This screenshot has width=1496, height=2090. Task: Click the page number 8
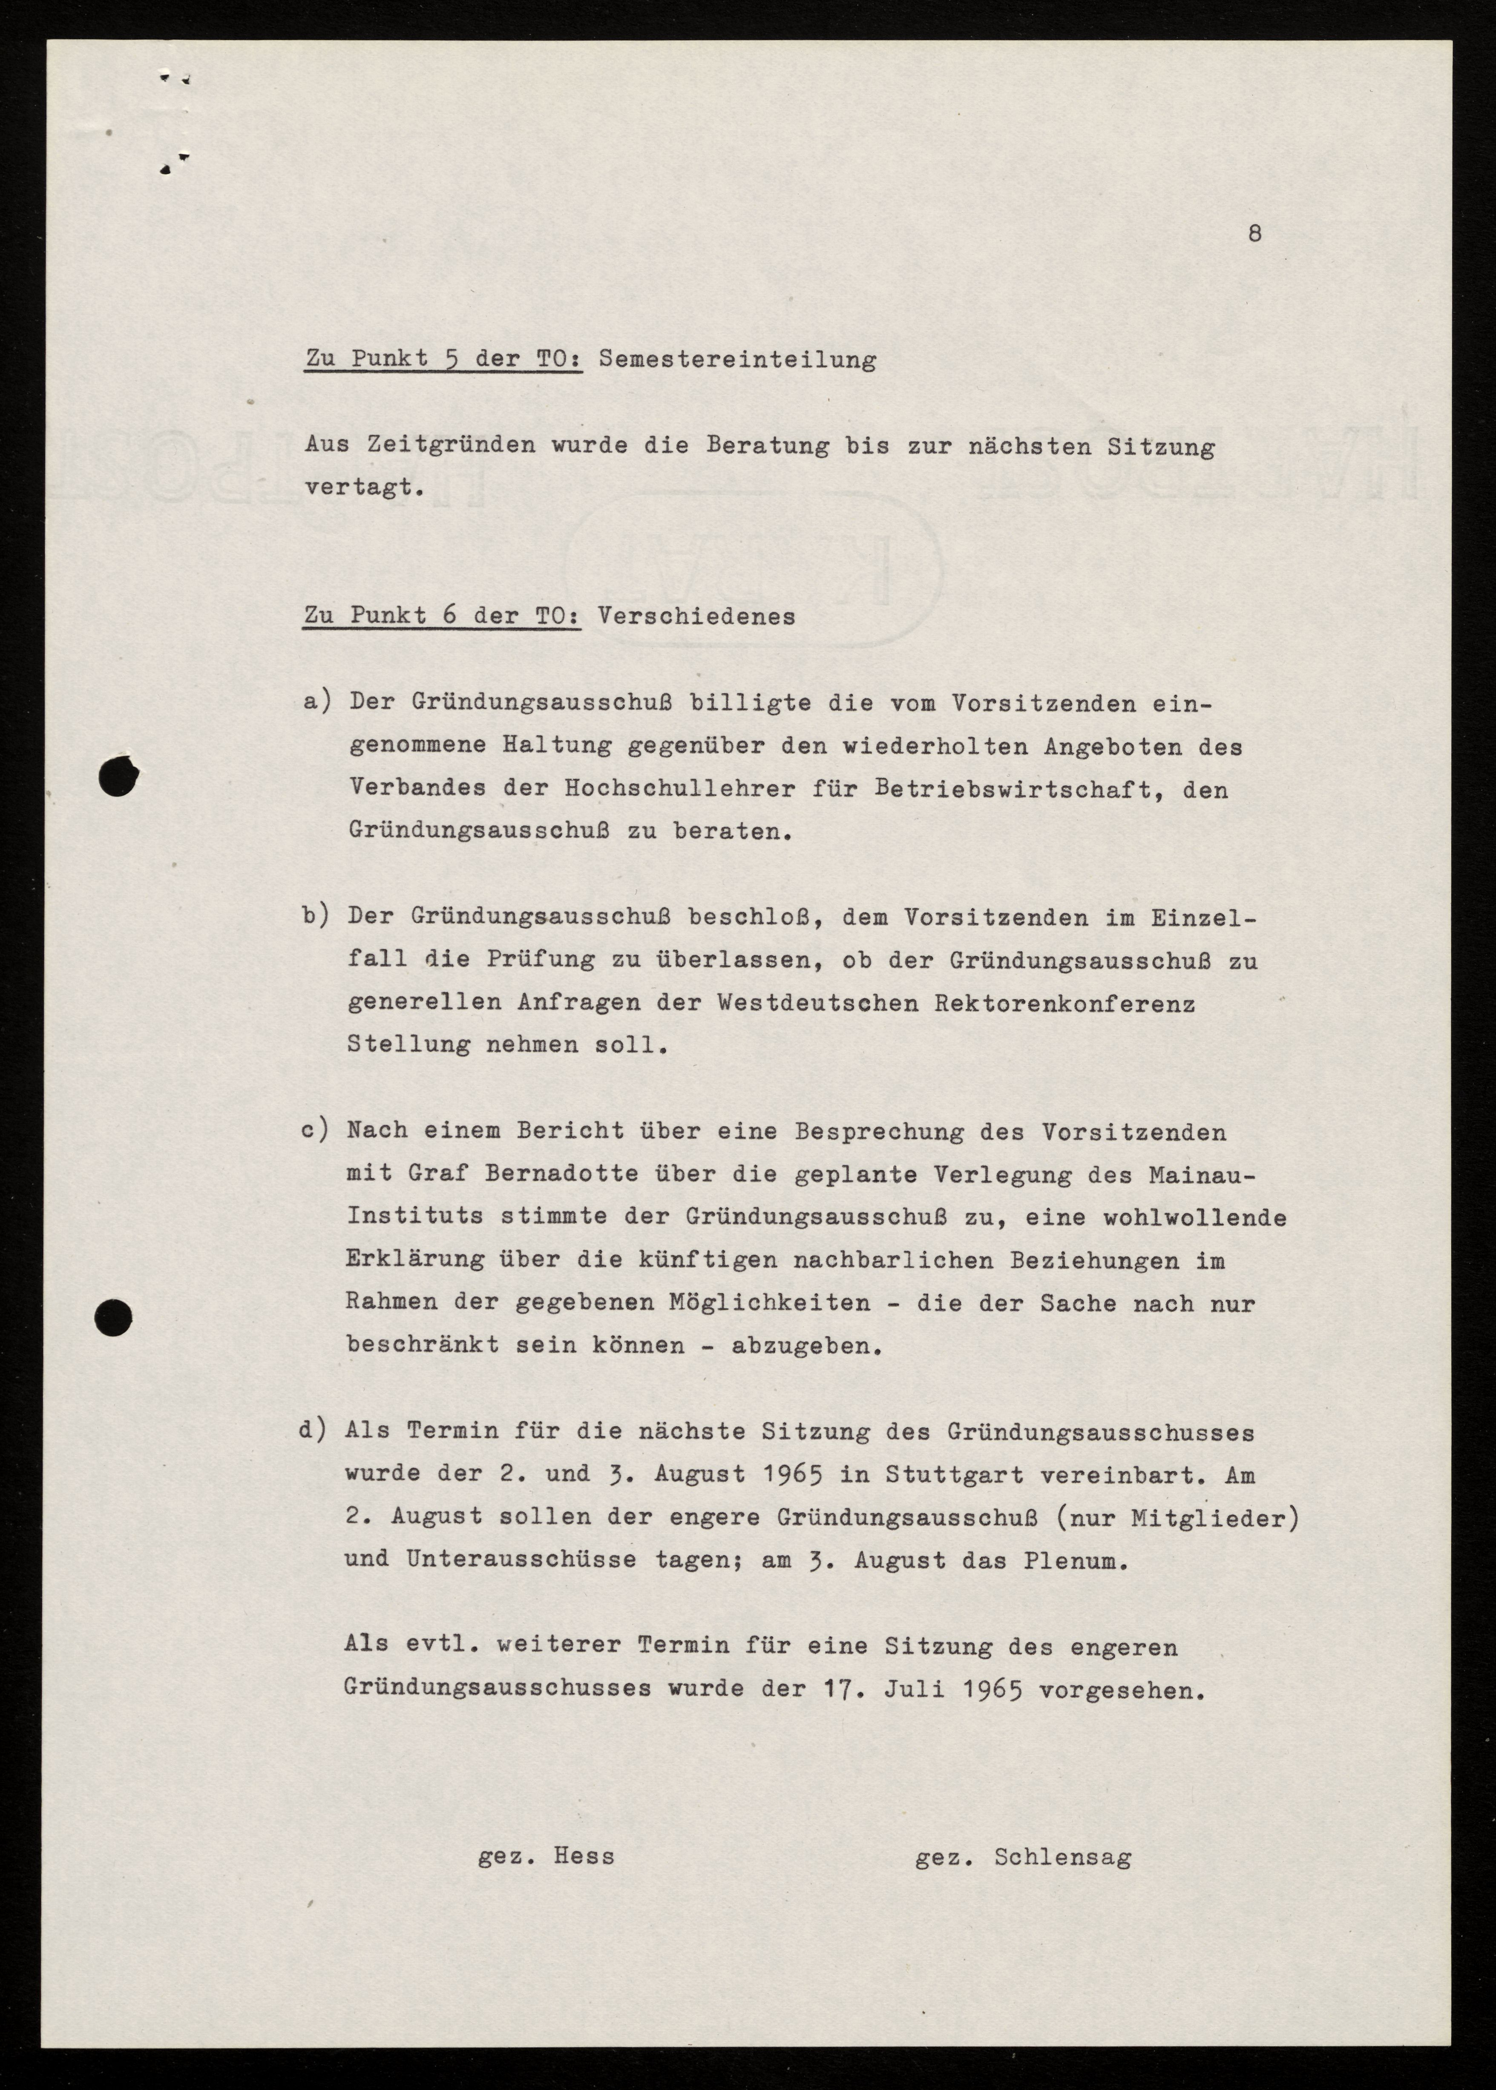point(1254,234)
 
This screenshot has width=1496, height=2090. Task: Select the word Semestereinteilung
point(737,359)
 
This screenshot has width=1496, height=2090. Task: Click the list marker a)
point(316,702)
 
